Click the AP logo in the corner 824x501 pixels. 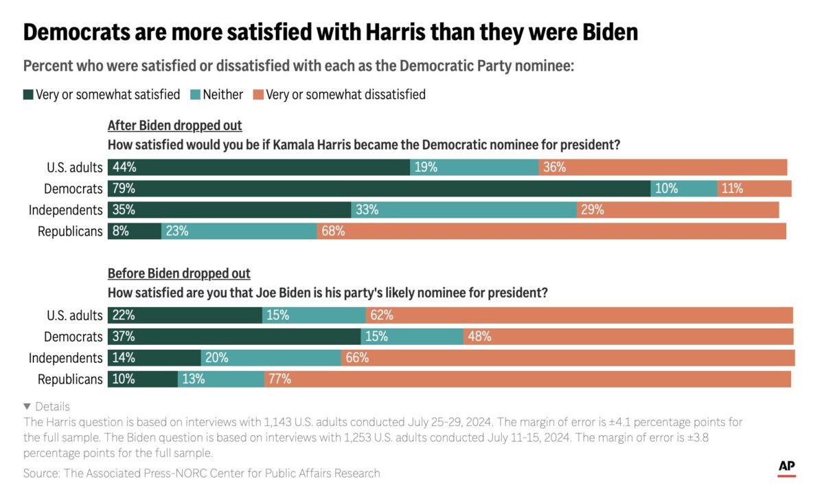tap(787, 467)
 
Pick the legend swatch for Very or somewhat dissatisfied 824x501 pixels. tap(258, 95)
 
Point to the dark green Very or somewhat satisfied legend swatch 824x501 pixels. tap(28, 95)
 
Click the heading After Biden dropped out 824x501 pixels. tap(174, 126)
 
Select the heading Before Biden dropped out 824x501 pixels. tap(179, 274)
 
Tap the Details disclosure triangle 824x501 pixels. tap(27, 406)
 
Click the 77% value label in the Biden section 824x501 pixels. tap(280, 379)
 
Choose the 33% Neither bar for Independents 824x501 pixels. tap(463, 210)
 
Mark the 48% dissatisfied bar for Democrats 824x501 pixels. tap(628, 337)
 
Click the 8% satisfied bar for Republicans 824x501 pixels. tap(135, 232)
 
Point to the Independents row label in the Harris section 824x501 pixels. tap(65, 210)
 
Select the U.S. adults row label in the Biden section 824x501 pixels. tap(74, 315)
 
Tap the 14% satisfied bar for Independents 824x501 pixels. tap(154, 358)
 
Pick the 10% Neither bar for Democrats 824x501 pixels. tap(684, 188)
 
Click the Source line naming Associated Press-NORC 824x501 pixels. tap(201, 473)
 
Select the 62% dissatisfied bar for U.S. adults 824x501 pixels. tap(580, 315)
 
